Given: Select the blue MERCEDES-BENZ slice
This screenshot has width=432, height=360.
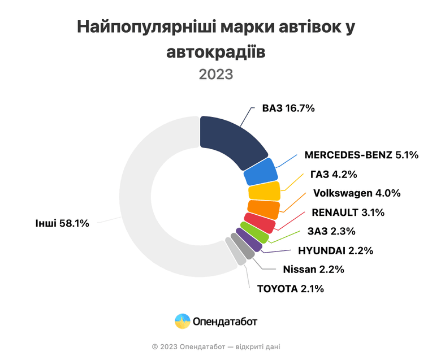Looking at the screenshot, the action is click(x=260, y=172).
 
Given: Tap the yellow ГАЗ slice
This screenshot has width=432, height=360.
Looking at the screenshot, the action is click(x=264, y=190).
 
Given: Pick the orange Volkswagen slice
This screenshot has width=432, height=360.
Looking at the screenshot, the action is click(x=263, y=209).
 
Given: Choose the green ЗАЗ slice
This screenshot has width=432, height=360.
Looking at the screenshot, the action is click(x=254, y=232).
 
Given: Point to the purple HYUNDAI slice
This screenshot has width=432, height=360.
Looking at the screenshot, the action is click(x=249, y=240).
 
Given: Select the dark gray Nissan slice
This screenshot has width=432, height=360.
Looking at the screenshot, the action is click(x=243, y=246).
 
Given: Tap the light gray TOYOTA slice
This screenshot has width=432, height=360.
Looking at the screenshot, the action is click(x=236, y=251).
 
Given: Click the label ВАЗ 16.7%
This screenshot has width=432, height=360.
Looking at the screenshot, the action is click(x=288, y=109).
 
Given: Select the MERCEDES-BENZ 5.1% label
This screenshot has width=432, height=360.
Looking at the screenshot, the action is click(x=361, y=155).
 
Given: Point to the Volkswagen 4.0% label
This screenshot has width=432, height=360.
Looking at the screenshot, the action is click(x=357, y=193).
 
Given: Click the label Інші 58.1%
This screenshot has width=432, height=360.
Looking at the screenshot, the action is click(x=62, y=223).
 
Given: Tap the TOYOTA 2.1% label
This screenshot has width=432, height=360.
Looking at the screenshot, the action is click(x=291, y=289).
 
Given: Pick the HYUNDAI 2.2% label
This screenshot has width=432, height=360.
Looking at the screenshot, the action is click(x=335, y=251).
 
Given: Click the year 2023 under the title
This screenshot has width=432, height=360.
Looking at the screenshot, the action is click(x=216, y=75).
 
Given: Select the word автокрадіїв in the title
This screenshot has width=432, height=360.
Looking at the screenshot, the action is click(x=216, y=52).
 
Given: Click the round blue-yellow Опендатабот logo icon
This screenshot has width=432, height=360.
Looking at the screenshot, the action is click(x=183, y=321).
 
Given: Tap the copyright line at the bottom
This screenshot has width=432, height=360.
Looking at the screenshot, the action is click(x=216, y=347).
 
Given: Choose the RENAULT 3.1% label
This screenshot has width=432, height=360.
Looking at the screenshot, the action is click(x=348, y=212).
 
